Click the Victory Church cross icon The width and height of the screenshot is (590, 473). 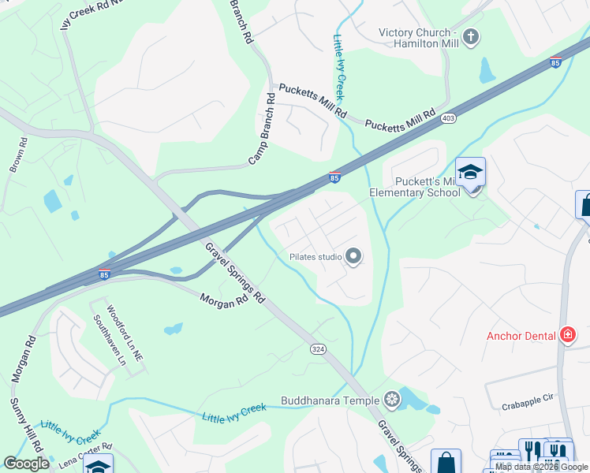point(471,36)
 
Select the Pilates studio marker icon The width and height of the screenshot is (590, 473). point(353,256)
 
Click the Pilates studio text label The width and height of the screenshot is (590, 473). point(315,256)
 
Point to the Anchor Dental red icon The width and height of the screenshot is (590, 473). point(567,336)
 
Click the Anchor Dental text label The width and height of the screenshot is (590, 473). point(521,336)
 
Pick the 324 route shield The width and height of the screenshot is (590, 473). point(318,348)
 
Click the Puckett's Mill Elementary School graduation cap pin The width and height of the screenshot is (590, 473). point(470,172)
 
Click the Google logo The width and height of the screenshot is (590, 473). point(26,464)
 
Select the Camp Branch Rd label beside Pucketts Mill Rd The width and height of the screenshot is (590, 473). point(263,130)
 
